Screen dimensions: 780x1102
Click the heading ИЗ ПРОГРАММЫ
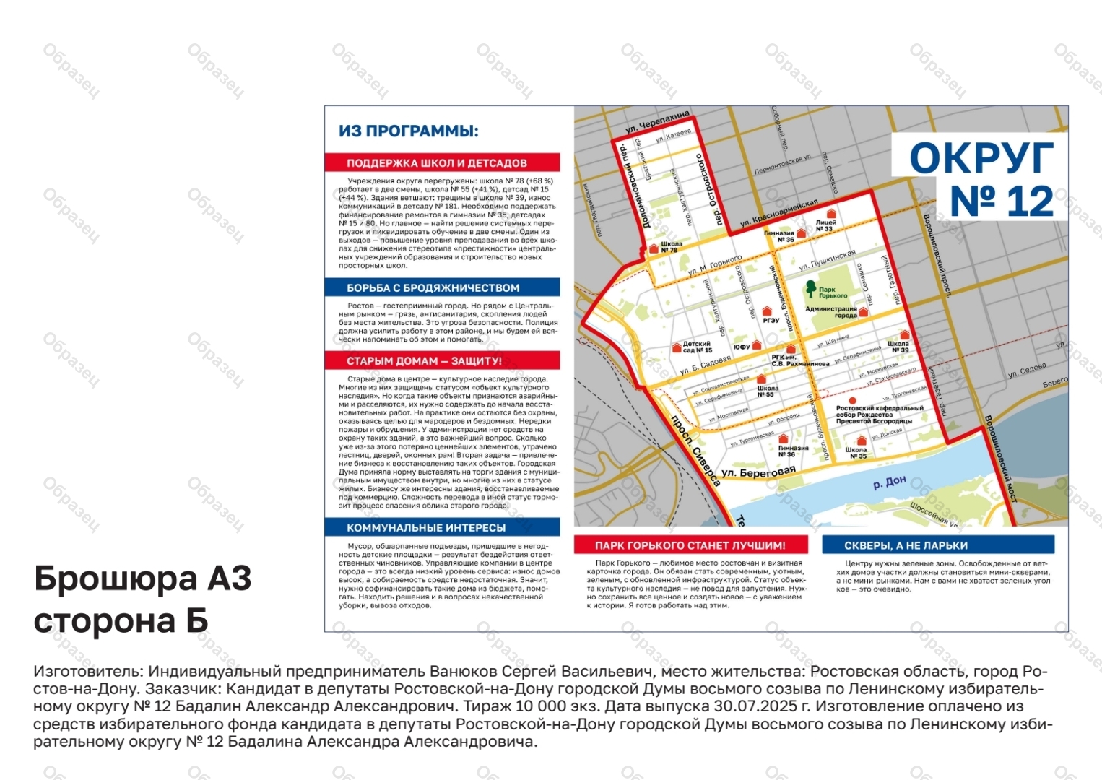(409, 131)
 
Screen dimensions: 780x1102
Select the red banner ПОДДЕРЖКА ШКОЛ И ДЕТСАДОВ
(442, 162)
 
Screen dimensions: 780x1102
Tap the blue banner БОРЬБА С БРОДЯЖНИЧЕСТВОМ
(442, 287)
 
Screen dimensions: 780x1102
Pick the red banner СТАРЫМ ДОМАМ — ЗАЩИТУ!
(442, 360)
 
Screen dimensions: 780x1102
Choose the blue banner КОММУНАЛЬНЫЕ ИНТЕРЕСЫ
(442, 527)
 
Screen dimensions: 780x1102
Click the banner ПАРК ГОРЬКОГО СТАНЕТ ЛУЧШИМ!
(690, 545)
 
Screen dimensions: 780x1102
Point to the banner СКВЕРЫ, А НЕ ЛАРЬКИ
(937, 545)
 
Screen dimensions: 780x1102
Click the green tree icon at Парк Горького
(811, 288)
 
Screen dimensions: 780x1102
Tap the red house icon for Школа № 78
(654, 247)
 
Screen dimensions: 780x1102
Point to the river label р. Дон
(889, 482)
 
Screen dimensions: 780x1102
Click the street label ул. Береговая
(758, 472)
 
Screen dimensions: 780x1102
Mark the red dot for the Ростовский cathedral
(852, 400)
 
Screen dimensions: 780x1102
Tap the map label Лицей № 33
(825, 225)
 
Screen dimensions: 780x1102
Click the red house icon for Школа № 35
(861, 441)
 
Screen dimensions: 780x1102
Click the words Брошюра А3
(143, 578)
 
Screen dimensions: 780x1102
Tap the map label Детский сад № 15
(696, 347)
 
